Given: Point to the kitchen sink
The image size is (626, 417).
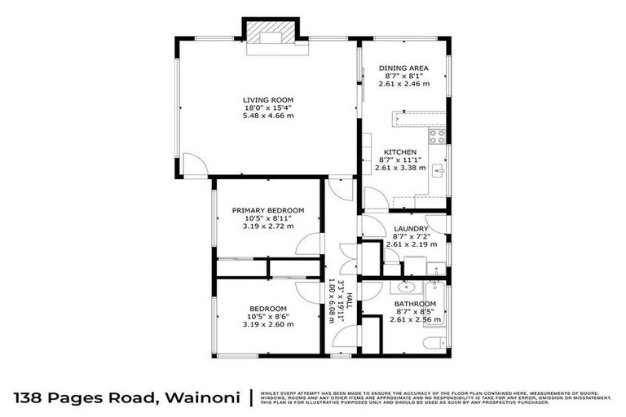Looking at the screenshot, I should tap(438, 170).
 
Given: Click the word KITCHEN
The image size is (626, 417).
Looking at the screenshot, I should tap(401, 152).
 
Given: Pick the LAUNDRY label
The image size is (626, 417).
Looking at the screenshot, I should tap(405, 229).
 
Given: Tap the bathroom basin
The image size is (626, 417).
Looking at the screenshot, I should tap(405, 288).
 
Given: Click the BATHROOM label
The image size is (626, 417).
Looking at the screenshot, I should tap(407, 305).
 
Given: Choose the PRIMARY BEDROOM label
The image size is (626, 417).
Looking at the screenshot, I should tap(267, 210).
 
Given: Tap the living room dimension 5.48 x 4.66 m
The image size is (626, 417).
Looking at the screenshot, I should tap(267, 116).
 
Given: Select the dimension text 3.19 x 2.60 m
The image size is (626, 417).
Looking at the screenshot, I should tap(267, 324).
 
